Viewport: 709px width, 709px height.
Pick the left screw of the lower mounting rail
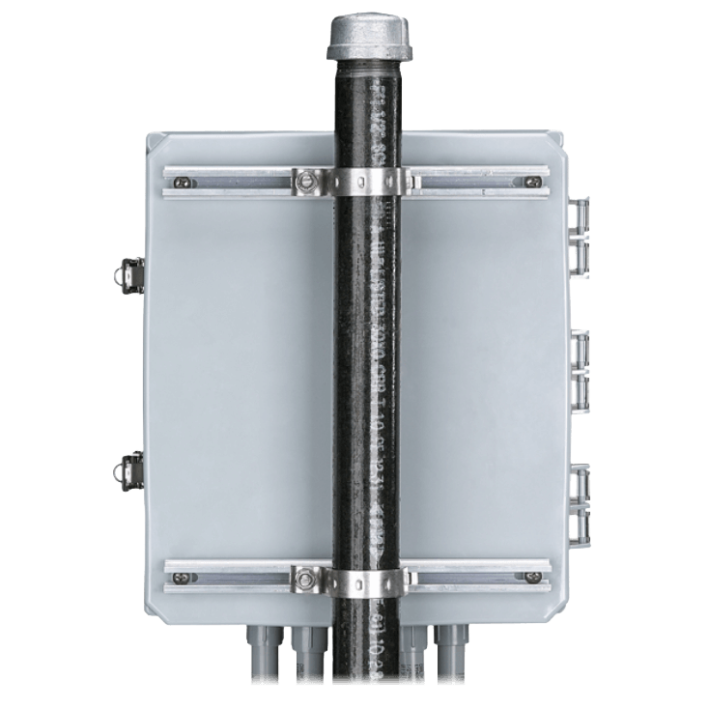179,581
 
